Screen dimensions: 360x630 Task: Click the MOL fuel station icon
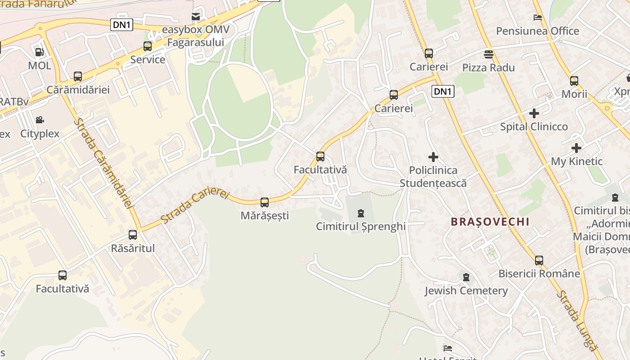coord(40,52)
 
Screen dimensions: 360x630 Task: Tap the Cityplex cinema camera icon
coord(40,120)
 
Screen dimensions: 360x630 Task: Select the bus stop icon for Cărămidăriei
coord(78,76)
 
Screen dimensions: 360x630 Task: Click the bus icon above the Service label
coord(148,46)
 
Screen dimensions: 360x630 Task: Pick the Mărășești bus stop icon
coord(265,202)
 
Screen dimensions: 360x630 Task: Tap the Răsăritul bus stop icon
coord(133,234)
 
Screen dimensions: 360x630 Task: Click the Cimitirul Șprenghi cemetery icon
coord(360,213)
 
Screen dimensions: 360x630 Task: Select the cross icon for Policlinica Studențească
coord(433,157)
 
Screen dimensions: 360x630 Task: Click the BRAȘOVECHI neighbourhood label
coord(490,222)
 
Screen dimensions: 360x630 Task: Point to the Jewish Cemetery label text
coord(466,291)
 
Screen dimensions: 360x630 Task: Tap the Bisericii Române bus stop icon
coord(539,260)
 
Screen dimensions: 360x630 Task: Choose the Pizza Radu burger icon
coord(489,54)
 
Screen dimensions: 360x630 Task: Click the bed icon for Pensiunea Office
coord(537,18)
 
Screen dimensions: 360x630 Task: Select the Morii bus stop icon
coord(574,81)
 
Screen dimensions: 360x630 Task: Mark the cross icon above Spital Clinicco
coord(534,113)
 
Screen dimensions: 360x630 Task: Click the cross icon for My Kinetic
coord(576,148)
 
